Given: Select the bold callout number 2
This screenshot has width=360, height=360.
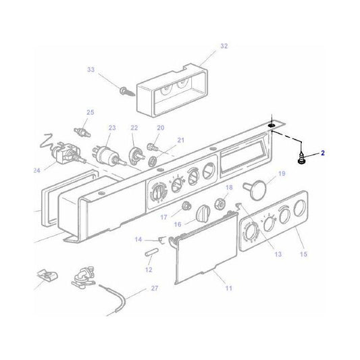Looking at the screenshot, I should (322, 153).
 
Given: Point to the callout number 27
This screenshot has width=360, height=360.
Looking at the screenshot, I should (155, 288).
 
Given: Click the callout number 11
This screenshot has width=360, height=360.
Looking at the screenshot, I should (228, 288).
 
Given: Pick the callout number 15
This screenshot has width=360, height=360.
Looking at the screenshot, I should (303, 253).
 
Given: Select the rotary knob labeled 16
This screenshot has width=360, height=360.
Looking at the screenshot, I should (203, 214).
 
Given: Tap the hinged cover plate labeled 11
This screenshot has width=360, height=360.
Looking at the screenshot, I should (203, 253).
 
